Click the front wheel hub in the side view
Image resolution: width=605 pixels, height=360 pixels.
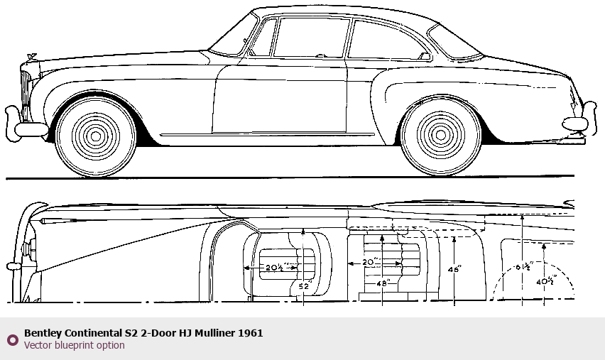pos(96,135)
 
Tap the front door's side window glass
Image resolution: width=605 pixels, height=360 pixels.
pos(311,38)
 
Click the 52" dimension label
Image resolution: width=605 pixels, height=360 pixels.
pos(305,286)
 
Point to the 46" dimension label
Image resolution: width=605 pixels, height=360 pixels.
pos(454,270)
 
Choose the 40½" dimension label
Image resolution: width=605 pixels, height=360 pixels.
pos(545,280)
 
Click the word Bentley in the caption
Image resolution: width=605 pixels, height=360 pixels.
pos(43,333)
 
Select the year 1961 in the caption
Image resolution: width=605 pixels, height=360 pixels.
pos(251,333)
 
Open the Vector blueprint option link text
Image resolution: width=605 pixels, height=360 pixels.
pos(74,346)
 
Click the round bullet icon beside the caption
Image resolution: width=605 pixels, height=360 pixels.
pos(12,340)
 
